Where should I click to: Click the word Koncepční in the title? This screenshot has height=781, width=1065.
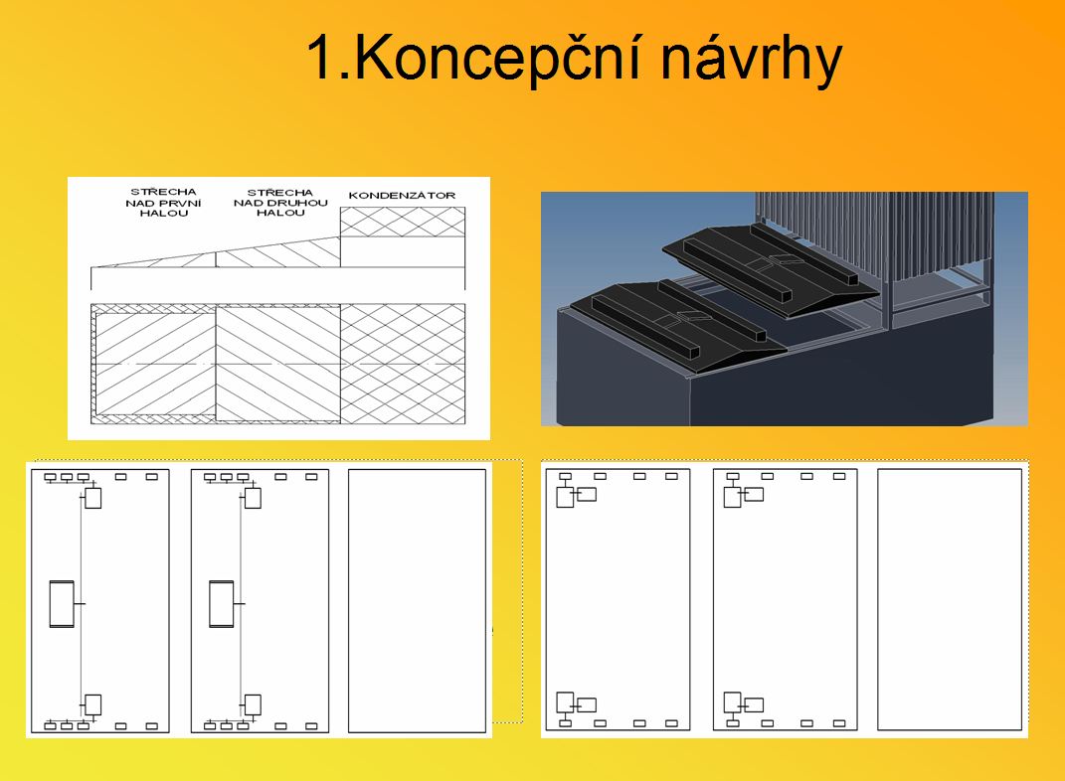coord(497,59)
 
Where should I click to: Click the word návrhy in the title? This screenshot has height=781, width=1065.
coord(751,60)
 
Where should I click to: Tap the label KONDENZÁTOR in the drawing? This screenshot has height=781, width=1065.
coord(402,196)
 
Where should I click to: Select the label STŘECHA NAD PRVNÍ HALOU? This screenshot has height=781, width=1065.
coord(164,202)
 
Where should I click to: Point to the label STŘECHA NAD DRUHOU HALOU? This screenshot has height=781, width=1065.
coord(280,202)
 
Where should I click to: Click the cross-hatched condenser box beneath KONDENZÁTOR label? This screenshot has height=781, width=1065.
coord(403,222)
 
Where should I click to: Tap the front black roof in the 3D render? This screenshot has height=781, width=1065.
coord(678,326)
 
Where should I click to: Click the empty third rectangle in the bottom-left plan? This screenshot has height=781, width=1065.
coord(417,601)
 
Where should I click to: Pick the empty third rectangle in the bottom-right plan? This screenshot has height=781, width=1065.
coord(950,599)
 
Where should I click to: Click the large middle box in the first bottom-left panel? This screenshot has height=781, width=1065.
coord(62,604)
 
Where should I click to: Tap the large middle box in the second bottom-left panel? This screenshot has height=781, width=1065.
coord(222,604)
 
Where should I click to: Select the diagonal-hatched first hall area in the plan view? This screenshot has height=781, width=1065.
coord(155,365)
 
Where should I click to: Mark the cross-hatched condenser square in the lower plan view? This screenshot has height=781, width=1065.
coord(403,364)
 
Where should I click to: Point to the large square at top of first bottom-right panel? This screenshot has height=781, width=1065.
coord(565,497)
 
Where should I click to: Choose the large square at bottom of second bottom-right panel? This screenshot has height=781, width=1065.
coord(732,703)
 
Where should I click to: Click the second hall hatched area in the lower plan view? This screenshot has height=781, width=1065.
coord(278,364)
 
